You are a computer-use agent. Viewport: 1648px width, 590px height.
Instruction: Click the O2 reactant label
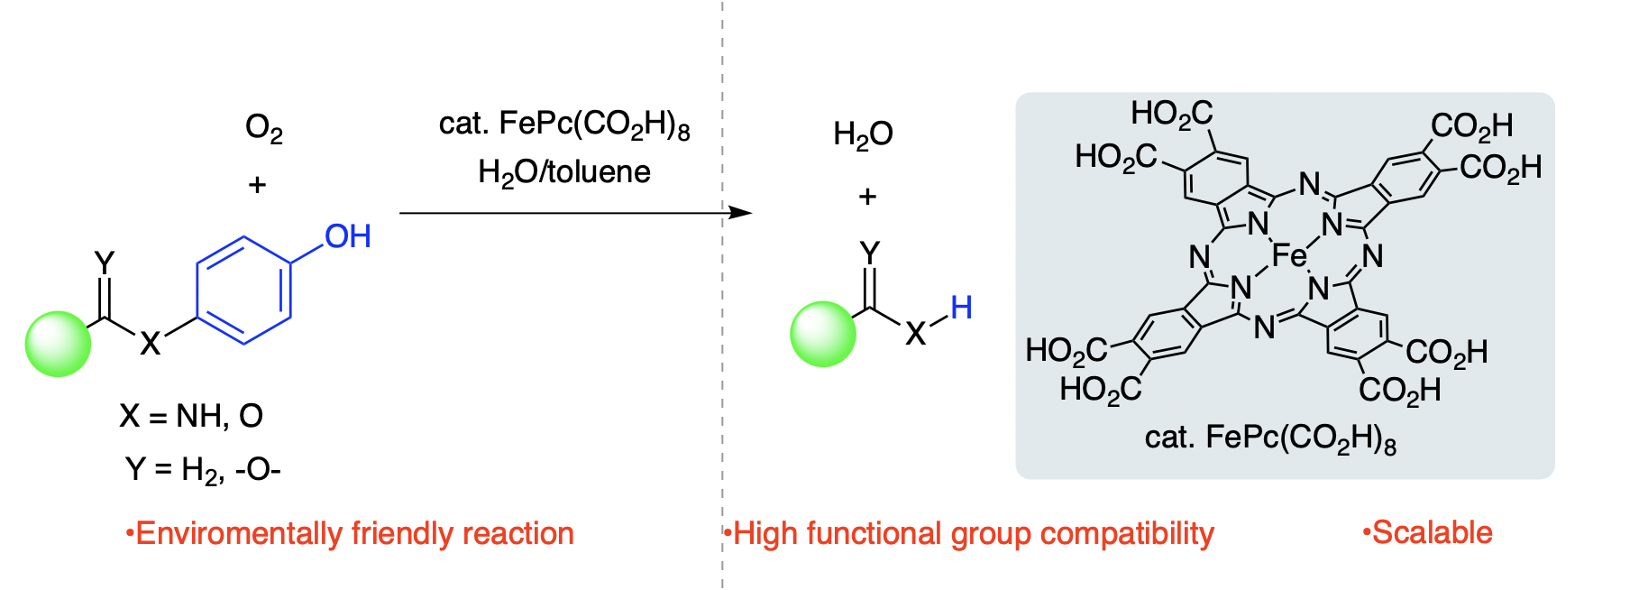pos(264,129)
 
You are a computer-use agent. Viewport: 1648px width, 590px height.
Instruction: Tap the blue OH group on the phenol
pos(348,236)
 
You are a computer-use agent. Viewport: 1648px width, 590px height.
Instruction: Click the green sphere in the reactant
pos(59,344)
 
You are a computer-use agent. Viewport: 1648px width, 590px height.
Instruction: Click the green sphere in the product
pos(823,334)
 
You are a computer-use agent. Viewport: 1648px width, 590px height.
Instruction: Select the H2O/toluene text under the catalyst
pos(564,171)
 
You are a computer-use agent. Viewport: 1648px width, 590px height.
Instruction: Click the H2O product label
pos(863,134)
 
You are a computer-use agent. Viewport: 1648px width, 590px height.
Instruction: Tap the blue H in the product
pos(961,308)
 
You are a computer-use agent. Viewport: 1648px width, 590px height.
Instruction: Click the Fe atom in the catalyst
pos(1289,256)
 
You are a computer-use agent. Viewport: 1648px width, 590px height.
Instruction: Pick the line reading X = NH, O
pos(191,416)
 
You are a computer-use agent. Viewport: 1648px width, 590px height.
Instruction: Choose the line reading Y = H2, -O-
pos(203,470)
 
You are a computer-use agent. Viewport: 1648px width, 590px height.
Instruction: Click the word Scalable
pos(1432,533)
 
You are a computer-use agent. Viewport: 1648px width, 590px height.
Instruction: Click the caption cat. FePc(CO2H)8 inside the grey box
pos(1270,438)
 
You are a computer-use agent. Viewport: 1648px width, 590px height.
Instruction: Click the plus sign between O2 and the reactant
pos(257,185)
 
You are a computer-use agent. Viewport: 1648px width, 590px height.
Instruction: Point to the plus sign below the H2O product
pos(867,196)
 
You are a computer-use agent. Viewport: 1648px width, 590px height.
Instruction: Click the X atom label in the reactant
pos(150,343)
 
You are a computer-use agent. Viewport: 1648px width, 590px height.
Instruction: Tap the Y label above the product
pos(869,254)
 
